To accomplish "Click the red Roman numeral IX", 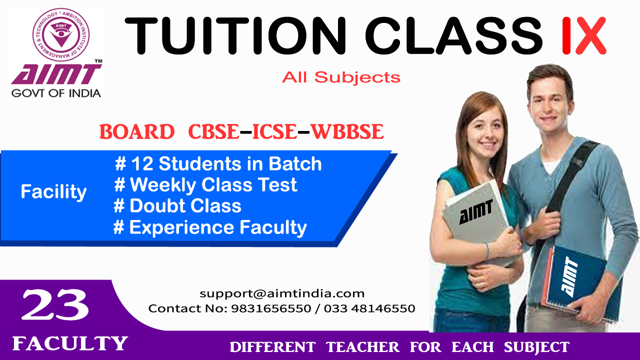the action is point(583,35).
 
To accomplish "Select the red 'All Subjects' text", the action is point(341,77).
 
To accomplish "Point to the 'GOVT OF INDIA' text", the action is point(56,93).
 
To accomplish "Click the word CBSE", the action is point(213,131).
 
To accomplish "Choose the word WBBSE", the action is point(347,131).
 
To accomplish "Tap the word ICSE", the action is point(275,131).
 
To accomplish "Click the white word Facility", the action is point(53,191).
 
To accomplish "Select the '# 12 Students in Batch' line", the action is point(218,164).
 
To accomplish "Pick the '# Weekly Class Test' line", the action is point(205,185).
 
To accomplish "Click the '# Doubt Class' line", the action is point(177,205).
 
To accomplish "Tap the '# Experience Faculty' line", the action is point(210,227).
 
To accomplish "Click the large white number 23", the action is point(55,304).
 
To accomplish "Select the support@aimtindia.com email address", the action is point(282,293).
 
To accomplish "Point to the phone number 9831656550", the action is point(271,308).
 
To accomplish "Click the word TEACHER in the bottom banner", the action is point(362,347).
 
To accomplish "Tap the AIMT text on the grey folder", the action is point(476,211).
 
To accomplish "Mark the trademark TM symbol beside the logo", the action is point(98,61).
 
